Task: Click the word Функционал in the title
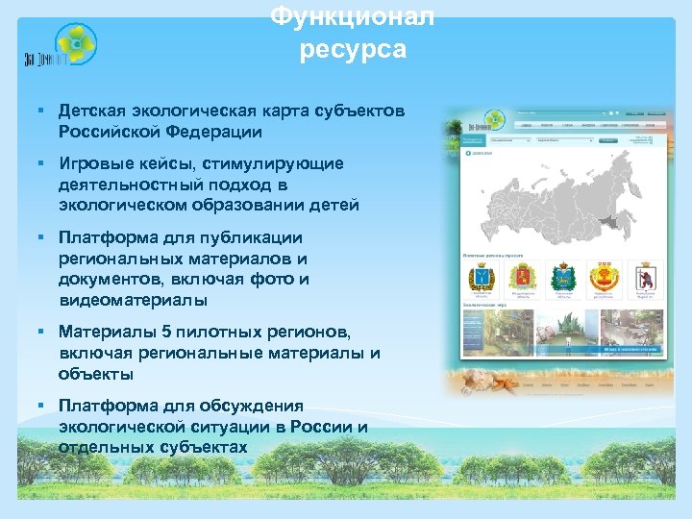click(352, 17)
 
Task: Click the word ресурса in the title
click(352, 49)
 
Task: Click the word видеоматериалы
click(132, 300)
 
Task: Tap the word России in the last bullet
click(319, 427)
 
